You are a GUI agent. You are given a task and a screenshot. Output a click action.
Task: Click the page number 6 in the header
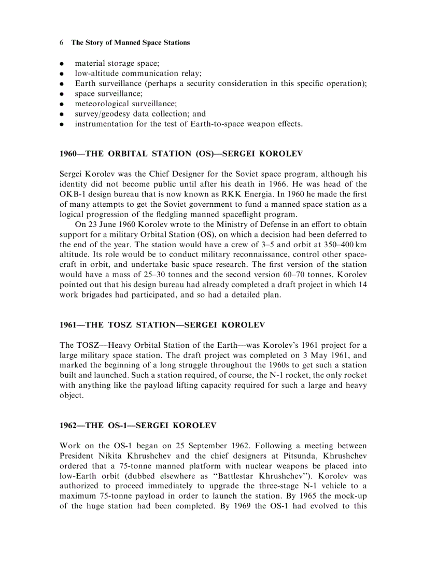62,42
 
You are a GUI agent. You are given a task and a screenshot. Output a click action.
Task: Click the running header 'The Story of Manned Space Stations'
130,42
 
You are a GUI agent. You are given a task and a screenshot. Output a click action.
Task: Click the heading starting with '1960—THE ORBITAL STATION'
181,154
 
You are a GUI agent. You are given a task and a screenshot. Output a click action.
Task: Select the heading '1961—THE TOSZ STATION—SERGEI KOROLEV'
162,325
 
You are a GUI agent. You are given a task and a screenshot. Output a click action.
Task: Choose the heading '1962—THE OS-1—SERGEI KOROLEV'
138,425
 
